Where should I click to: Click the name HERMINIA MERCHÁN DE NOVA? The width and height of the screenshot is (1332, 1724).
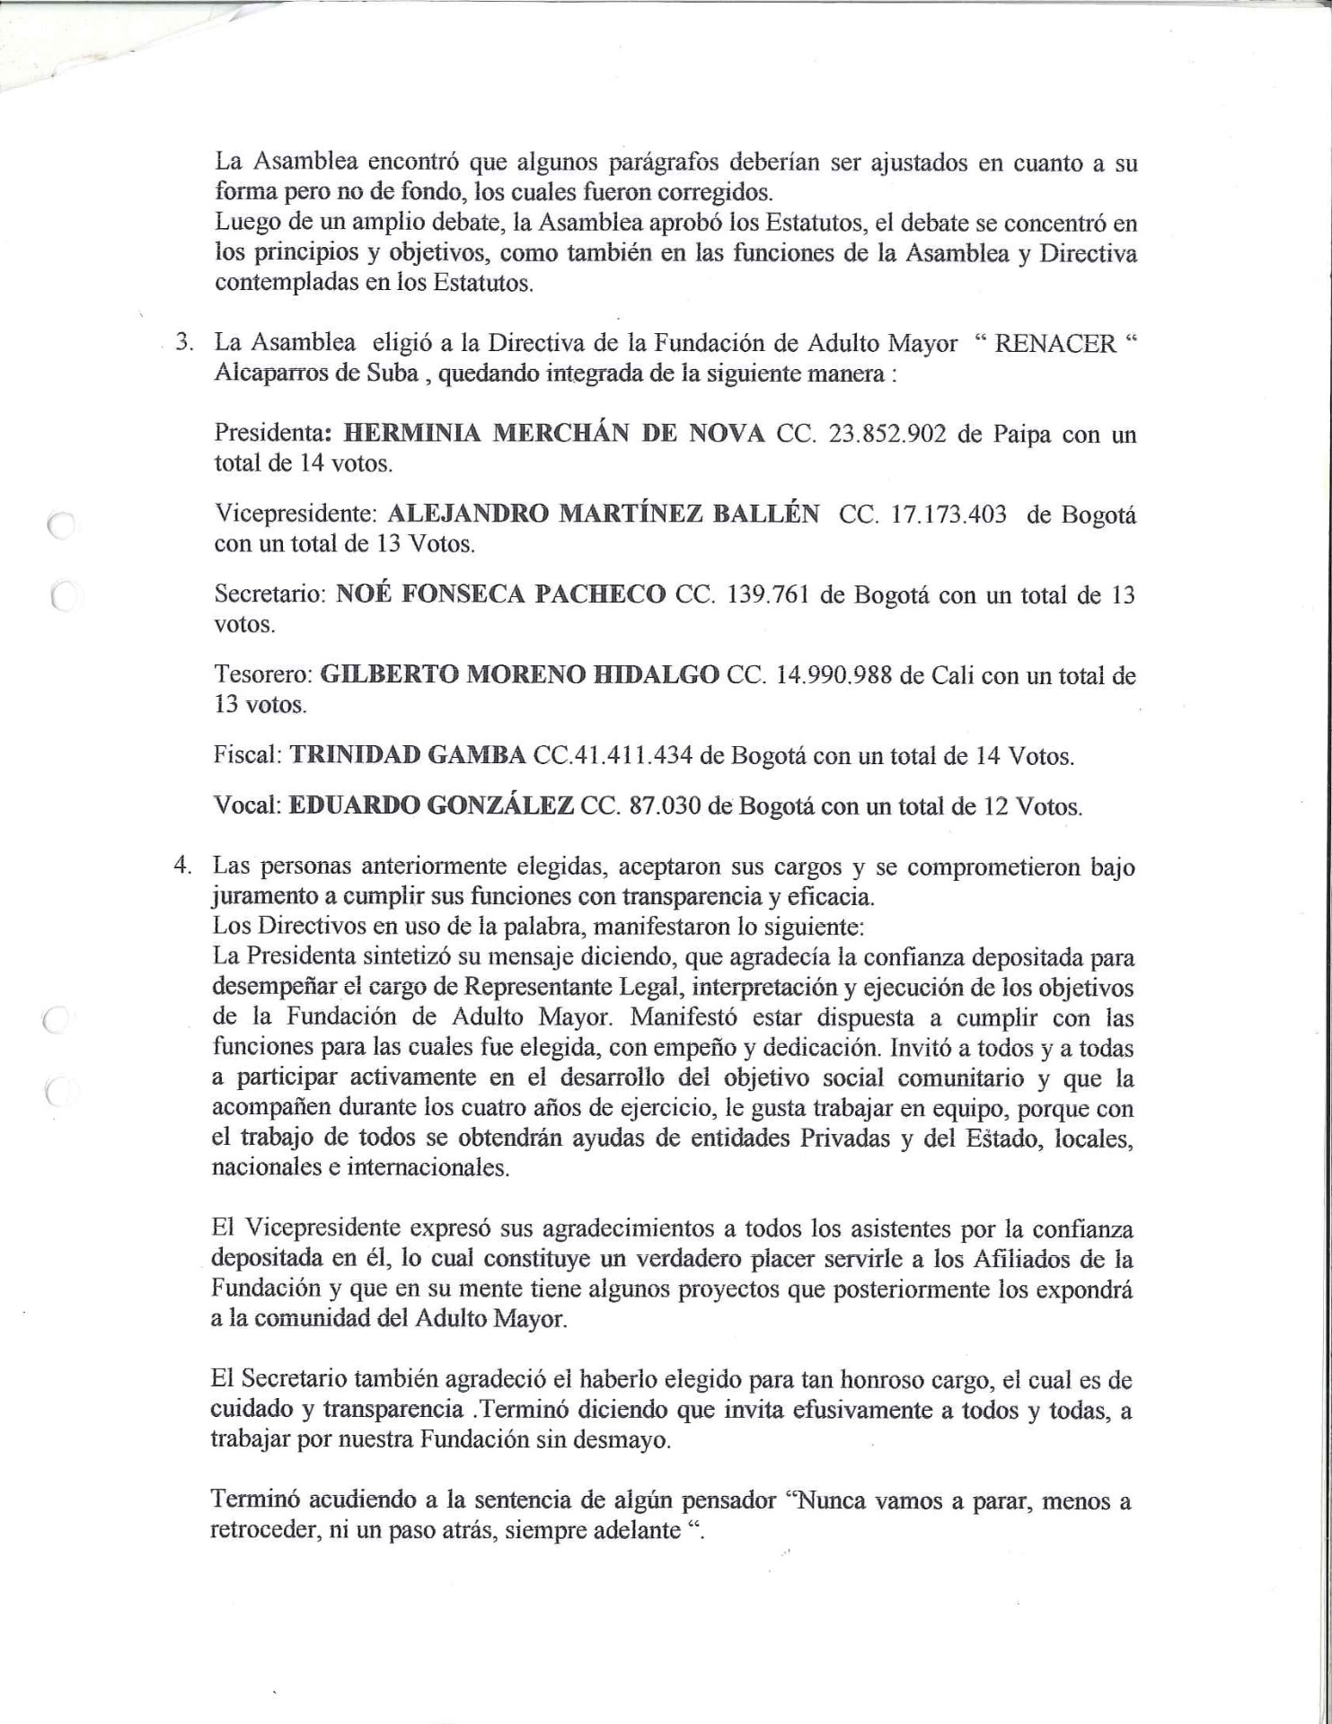[554, 434]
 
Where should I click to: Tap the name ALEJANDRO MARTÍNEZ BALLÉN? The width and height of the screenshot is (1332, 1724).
[603, 515]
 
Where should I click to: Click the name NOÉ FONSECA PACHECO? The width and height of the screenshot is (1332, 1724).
[500, 594]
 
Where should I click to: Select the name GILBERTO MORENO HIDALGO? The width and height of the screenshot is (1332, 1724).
[519, 674]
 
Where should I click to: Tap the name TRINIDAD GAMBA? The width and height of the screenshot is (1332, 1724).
[407, 755]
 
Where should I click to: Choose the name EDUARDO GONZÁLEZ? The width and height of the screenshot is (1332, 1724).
[430, 805]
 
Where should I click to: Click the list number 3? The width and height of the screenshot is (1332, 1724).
[184, 344]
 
